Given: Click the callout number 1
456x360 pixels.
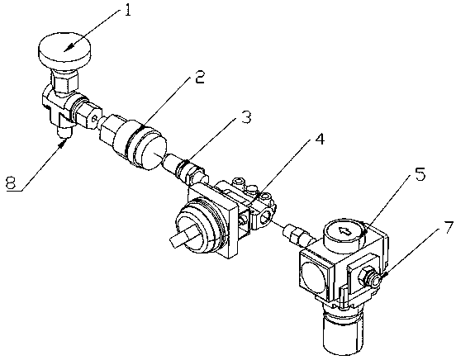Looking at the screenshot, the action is [x=127, y=10].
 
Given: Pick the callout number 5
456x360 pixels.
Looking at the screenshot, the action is [x=420, y=174].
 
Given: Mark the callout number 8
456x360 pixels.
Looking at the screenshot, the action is [x=11, y=183].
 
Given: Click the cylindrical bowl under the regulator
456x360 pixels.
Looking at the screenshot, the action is [x=343, y=331].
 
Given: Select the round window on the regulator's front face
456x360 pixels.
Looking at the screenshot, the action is [x=314, y=275].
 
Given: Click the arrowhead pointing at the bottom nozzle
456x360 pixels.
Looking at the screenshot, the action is [x=64, y=143].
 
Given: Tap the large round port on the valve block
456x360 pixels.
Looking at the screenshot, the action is [x=267, y=216].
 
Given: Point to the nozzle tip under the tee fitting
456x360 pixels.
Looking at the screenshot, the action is [x=64, y=132].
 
